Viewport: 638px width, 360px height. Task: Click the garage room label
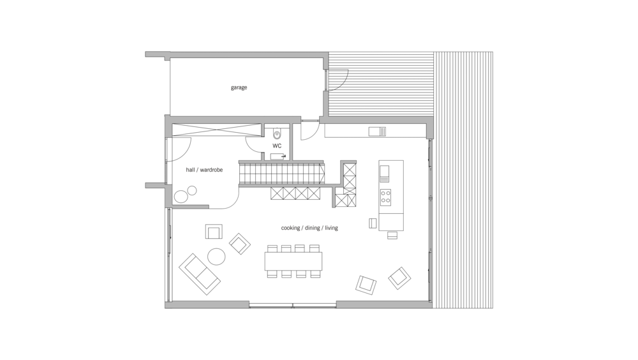239,87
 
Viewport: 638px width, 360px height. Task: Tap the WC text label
277,146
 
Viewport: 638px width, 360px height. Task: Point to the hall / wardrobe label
204,170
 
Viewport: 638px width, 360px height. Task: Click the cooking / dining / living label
309,228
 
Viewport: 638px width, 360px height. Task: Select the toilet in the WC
277,133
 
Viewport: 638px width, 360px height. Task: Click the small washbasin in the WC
278,156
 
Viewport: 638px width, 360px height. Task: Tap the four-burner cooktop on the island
385,197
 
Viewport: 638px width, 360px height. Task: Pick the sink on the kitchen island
384,174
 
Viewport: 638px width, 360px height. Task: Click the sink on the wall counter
377,131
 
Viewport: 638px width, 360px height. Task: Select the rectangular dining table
293,261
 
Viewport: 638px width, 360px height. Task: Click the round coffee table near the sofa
216,257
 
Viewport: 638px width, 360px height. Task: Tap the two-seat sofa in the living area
199,274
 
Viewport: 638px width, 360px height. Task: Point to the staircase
281,174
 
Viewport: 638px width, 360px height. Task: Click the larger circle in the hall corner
181,197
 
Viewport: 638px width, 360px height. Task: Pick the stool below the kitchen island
392,235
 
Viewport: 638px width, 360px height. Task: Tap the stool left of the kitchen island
373,223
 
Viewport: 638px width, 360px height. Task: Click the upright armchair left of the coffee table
214,231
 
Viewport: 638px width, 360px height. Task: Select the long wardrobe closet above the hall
216,130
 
